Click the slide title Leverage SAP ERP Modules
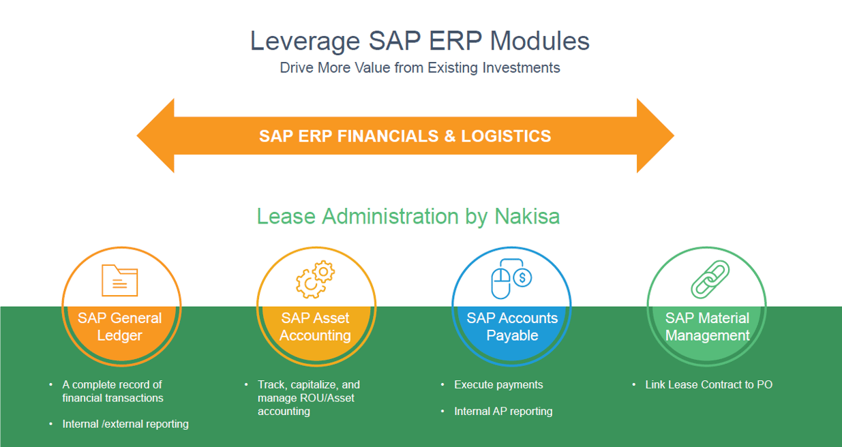coord(419,41)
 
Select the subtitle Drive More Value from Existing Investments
coord(419,68)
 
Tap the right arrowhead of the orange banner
coord(655,136)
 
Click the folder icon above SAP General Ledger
coord(119,279)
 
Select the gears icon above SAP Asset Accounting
coord(315,279)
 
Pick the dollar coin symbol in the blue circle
coord(523,277)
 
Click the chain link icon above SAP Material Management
coord(710,279)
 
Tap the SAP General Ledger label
coord(120,326)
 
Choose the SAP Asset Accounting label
coord(315,326)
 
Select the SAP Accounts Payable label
coord(512,326)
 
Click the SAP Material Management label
coord(707,326)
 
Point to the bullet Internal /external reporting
coord(125,424)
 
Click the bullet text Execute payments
coord(498,384)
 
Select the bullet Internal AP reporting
coord(503,411)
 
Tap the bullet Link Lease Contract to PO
coord(708,384)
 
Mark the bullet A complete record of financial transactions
coord(112,391)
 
